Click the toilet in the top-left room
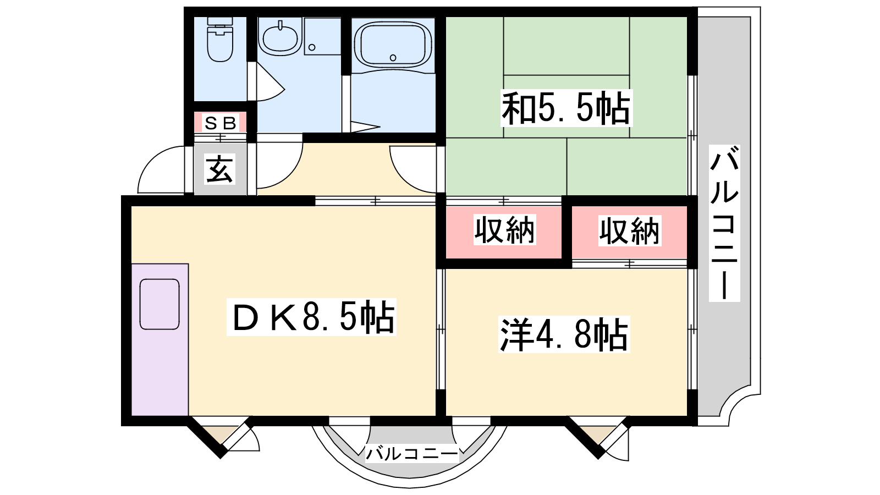tap(220, 39)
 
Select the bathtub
tap(393, 45)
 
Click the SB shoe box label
tap(221, 123)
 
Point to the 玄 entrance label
tap(219, 169)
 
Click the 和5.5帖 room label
tap(566, 108)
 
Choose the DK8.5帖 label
tap(311, 317)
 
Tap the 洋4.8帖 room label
tap(564, 335)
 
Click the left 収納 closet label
tap(504, 230)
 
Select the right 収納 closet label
tap(629, 231)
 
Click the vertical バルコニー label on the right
tap(724, 223)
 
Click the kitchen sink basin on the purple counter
tap(159, 304)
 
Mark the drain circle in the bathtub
tap(393, 58)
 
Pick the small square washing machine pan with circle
tap(322, 36)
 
